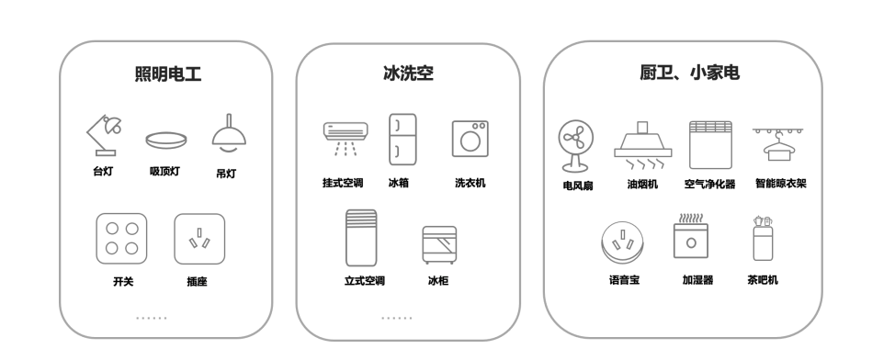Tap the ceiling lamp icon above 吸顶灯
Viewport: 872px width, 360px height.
tap(166, 140)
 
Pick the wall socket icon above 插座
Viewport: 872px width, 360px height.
tap(198, 238)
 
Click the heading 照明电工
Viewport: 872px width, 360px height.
tap(168, 74)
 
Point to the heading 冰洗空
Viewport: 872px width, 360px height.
tap(408, 74)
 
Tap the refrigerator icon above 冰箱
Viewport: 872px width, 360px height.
tap(402, 138)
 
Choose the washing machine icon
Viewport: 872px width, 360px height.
tap(470, 138)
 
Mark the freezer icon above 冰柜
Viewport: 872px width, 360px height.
tap(438, 245)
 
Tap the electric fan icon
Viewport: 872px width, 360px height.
tap(577, 145)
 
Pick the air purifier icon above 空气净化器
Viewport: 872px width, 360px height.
tap(709, 142)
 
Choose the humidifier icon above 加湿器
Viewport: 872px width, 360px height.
tap(690, 238)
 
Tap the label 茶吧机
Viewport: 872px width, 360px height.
tap(763, 279)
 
